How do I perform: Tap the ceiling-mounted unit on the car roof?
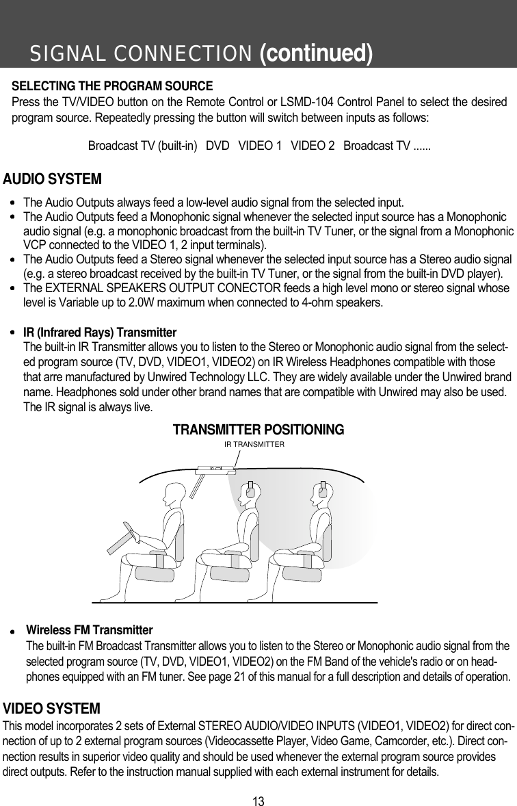pos(216,469)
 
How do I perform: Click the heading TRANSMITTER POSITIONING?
pos(258,430)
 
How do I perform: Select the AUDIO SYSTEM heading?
pos(53,179)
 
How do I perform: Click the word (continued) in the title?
pos(316,53)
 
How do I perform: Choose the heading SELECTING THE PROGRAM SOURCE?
pos(113,87)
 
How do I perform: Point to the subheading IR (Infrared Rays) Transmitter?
pos(100,333)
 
